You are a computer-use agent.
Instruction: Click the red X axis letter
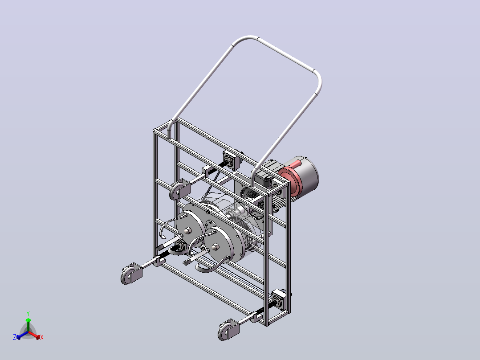coord(42,337)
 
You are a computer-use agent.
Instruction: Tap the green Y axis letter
coord(28,313)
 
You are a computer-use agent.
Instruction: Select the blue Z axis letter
coord(15,337)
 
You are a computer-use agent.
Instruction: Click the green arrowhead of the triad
coord(28,320)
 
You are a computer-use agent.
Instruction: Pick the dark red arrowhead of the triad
coord(38,337)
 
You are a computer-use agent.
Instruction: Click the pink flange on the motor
coord(290,181)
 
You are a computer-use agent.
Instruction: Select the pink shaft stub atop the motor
coord(295,164)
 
